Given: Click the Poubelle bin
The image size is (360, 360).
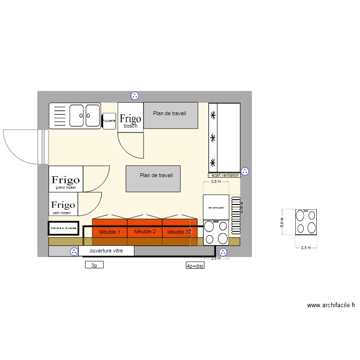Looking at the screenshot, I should coord(109,121).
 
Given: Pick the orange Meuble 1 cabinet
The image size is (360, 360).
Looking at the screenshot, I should coord(109,232).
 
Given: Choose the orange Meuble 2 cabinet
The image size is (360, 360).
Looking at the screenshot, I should coord(145,231).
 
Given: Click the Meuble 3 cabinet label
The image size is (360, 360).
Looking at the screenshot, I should coord(178,232).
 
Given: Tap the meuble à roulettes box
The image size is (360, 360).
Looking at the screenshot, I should coord(63,228).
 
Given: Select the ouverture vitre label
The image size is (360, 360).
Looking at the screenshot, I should coord(106,251).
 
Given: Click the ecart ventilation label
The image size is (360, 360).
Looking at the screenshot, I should coord(225,175).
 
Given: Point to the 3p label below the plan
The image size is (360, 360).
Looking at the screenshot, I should coord(94,264).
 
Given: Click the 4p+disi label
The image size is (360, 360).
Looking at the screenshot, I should coord(195,265).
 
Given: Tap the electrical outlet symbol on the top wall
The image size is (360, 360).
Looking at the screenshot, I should coord(135,96).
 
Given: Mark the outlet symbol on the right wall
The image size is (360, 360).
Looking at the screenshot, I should coord(245,171).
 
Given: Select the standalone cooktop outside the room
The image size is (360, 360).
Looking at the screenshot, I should coord(306,222).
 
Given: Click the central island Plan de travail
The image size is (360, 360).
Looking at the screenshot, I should coord(153,178).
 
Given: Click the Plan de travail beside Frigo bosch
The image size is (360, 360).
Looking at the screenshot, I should coord(170,115).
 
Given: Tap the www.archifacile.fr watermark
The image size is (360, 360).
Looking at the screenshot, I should coord(331,305).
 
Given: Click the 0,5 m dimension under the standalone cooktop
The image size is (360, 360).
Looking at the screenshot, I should coord(306,248).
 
